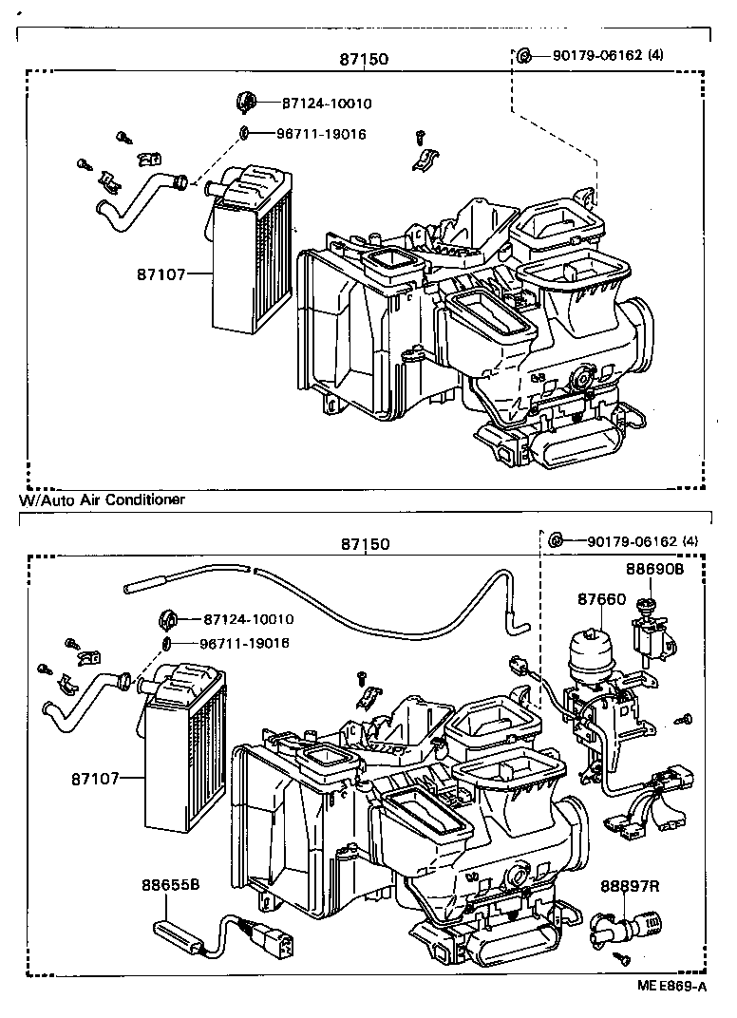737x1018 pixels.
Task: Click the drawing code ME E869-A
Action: [x=671, y=986]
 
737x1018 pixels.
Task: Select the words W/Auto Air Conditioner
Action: [x=102, y=500]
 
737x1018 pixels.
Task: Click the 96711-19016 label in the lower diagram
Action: [x=244, y=644]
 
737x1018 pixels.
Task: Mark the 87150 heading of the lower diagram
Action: [x=366, y=544]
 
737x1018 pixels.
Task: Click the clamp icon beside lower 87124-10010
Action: [x=170, y=619]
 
